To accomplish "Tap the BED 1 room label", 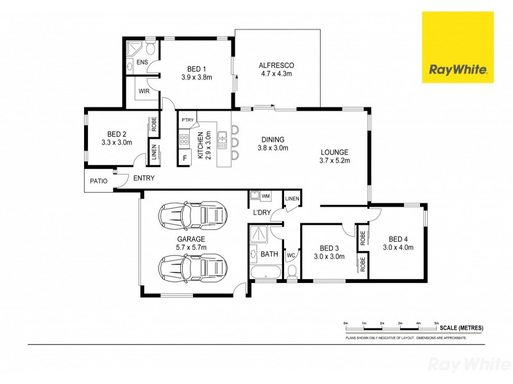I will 196,69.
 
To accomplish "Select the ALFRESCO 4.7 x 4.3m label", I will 276,69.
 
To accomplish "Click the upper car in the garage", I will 193,213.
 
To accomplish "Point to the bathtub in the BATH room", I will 265,274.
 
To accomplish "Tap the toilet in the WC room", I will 292,273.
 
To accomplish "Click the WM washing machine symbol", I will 265,195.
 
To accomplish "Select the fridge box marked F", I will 185,157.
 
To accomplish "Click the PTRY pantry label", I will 187,120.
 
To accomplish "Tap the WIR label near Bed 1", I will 144,92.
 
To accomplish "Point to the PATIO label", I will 98,181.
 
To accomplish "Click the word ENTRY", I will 144,179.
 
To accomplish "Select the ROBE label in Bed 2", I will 154,124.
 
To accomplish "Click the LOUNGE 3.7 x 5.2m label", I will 335,156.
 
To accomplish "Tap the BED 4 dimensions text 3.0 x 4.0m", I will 398,247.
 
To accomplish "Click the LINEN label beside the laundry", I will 292,199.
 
